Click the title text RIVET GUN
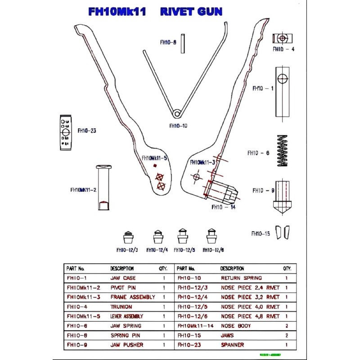pos(191,12)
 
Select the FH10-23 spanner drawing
pos(65,132)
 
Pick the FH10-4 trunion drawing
pos(282,39)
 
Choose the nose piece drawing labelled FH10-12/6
pos(211,237)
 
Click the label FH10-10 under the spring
pos(178,126)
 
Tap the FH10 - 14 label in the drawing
pos(223,207)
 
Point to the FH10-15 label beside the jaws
pos(261,234)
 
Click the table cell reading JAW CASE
pos(123,278)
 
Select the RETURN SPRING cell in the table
pos(241,278)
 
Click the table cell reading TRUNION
pos(121,306)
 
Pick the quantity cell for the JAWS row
pos(287,335)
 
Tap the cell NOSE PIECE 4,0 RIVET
pos(250,306)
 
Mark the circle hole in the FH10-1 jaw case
pos(282,79)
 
